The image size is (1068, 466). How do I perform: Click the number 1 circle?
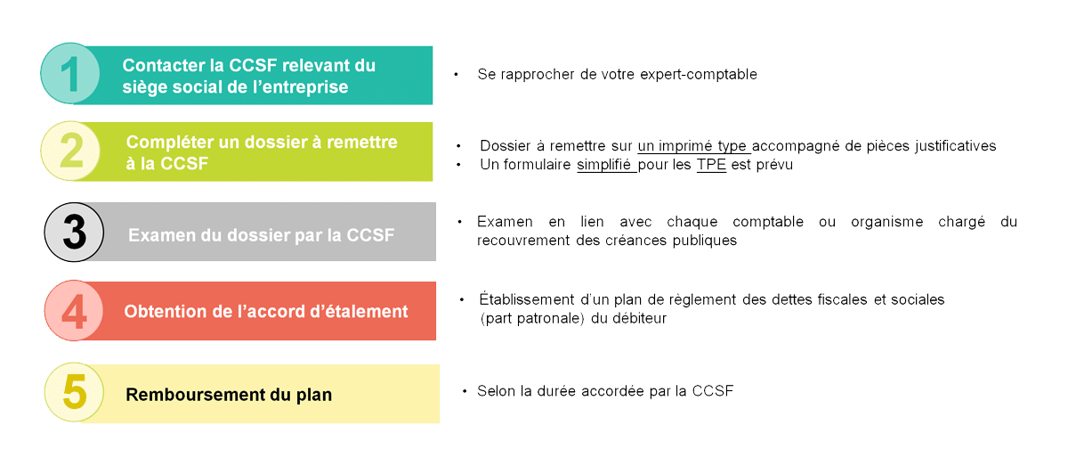pyautogui.click(x=71, y=74)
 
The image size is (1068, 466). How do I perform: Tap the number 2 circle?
pyautogui.click(x=71, y=151)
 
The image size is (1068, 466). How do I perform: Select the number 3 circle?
pyautogui.click(x=75, y=233)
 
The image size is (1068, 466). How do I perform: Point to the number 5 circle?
pyautogui.click(x=74, y=392)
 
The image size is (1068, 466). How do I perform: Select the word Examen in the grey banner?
pyautogui.click(x=158, y=236)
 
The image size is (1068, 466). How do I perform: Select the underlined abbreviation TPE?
pyautogui.click(x=711, y=165)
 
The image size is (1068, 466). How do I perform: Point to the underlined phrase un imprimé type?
pyautogui.click(x=695, y=146)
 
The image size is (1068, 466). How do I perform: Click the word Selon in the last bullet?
pyautogui.click(x=495, y=391)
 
